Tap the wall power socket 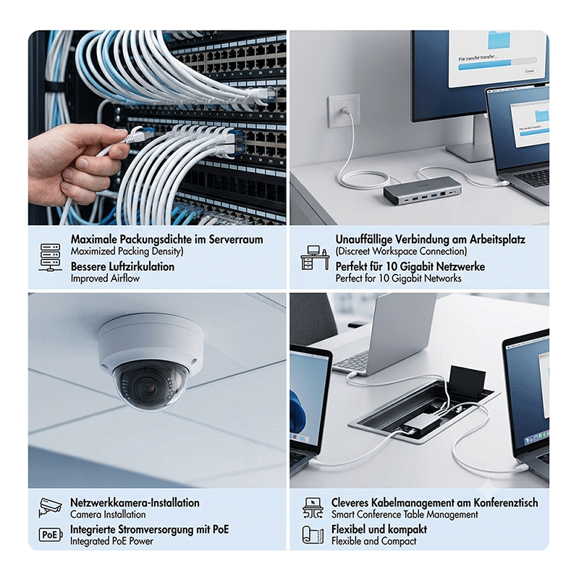click(343, 111)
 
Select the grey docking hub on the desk click(422, 194)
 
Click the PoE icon click(50, 535)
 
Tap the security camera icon click(50, 507)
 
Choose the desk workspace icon click(315, 258)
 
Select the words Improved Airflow click(105, 278)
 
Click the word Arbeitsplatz click(497, 240)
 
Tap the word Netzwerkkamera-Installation click(135, 502)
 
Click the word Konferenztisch click(505, 502)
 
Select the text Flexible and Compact click(373, 541)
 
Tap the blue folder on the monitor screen click(499, 41)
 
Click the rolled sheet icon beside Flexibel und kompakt click(313, 535)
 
